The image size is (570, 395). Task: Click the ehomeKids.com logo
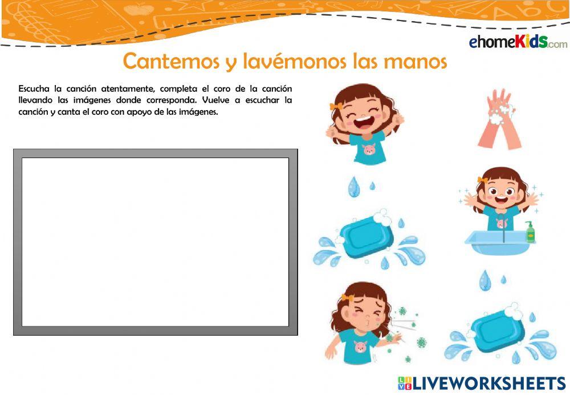[518, 42]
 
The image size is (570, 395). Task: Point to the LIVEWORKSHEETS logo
[482, 382]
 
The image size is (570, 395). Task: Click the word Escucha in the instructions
[35, 89]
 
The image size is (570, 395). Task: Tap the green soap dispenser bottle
[530, 232]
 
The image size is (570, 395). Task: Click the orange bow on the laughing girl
[336, 106]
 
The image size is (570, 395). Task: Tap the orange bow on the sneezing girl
[347, 298]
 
